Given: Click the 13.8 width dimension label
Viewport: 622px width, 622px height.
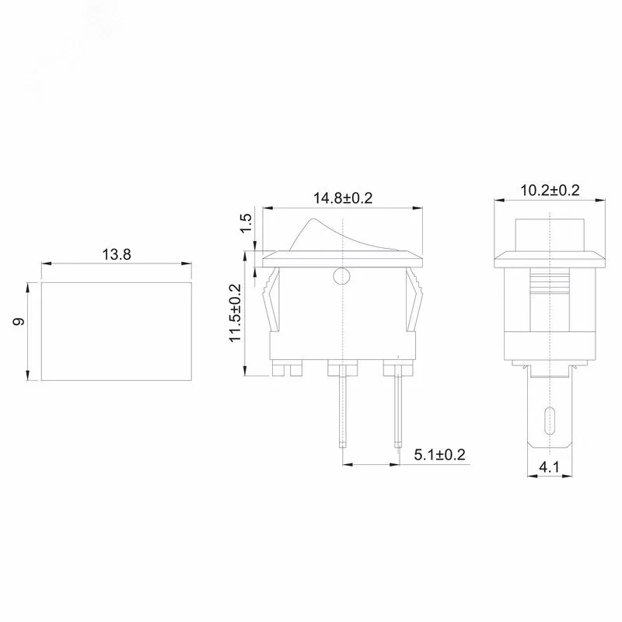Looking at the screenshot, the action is [x=117, y=254].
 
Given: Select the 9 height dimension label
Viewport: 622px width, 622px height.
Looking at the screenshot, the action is [x=19, y=321].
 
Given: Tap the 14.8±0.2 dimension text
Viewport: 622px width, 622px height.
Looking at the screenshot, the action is [x=343, y=198].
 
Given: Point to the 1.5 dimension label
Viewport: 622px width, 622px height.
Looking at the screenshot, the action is [x=246, y=223].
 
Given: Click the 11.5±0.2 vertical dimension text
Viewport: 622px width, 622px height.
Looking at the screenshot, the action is [x=236, y=313].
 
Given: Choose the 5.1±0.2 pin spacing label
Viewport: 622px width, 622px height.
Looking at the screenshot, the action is [x=439, y=455].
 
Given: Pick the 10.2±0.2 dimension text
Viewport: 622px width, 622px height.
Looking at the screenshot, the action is [x=550, y=190].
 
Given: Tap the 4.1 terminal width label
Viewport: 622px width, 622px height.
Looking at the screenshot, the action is [x=549, y=467].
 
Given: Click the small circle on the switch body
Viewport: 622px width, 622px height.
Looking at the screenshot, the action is [x=342, y=276].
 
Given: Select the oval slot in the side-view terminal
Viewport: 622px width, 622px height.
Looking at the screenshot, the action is [x=550, y=421].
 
